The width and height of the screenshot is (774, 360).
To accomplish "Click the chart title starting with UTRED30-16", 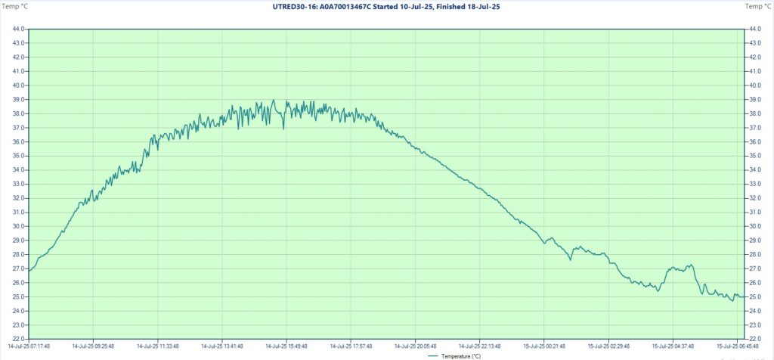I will (x=385, y=6).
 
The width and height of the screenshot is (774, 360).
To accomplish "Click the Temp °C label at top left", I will (x=14, y=6).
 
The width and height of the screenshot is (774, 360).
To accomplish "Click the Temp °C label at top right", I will (x=758, y=6).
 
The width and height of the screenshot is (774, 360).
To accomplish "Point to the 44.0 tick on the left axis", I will (x=18, y=29).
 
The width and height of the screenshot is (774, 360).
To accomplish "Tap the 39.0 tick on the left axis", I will (x=18, y=99).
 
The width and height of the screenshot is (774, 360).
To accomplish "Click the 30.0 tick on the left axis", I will (x=18, y=226).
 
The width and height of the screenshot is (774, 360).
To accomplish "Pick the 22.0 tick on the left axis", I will (x=18, y=339).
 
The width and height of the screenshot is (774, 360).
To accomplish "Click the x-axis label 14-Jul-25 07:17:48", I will (x=29, y=346).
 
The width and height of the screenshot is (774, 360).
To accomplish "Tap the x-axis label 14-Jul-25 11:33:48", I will (x=158, y=346).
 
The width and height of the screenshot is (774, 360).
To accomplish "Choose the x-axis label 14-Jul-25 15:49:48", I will (x=286, y=346).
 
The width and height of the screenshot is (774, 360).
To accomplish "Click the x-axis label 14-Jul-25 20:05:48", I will (x=415, y=346).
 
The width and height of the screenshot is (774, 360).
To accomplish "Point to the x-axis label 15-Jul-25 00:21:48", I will (x=543, y=346).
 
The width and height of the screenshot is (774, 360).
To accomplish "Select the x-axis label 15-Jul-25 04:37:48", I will (x=672, y=346).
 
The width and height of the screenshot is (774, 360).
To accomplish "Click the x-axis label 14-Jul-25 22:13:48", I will (x=479, y=346).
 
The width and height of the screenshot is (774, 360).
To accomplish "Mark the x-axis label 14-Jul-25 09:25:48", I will (x=93, y=346).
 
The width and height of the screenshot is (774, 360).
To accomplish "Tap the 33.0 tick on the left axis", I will (x=18, y=184).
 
